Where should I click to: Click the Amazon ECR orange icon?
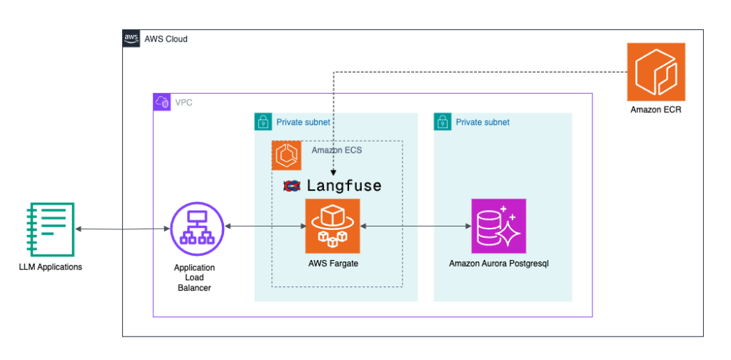tap(655, 71)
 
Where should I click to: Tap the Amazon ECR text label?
tap(655, 110)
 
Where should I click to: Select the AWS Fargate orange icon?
tap(332, 226)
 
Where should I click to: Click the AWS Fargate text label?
tap(332, 264)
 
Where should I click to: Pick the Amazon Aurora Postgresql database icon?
tap(498, 226)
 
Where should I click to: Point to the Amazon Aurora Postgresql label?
tap(498, 264)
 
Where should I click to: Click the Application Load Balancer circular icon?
tap(195, 227)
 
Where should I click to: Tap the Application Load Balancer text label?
tap(194, 277)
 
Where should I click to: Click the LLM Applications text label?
tap(50, 266)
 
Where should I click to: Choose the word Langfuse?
tap(343, 186)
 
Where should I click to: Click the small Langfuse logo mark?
tap(291, 186)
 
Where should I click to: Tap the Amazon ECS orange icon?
tap(286, 155)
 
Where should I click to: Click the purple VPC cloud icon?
tap(162, 102)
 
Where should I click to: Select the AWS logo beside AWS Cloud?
tap(131, 39)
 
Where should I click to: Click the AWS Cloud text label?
tap(166, 39)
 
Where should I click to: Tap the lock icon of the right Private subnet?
tap(443, 122)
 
